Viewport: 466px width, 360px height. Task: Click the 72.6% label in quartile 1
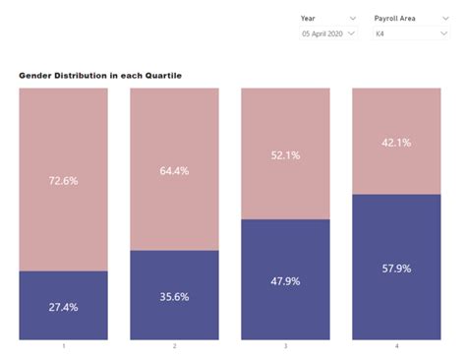63,180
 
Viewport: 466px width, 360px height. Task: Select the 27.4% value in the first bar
63,307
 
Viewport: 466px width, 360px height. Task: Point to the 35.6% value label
174,296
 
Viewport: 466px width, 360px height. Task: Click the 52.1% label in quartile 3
285,154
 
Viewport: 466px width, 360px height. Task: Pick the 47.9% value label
285,281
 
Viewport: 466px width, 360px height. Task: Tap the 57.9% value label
396,269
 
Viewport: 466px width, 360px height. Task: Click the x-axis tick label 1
63,347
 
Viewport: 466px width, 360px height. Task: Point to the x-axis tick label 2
174,347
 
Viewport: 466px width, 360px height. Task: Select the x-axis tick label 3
285,347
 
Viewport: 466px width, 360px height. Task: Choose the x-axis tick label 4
396,347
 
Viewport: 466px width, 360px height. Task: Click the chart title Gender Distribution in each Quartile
100,76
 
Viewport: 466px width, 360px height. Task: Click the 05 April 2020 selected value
321,34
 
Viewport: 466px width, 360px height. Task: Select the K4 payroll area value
379,34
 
